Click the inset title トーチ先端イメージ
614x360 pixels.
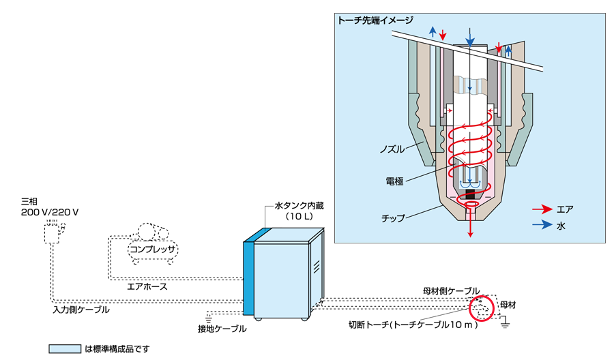click(375, 20)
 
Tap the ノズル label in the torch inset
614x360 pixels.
click(393, 148)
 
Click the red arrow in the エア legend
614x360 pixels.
click(542, 209)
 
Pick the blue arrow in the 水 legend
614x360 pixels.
click(542, 224)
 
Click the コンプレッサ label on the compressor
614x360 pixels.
click(153, 250)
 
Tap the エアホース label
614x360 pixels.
click(147, 286)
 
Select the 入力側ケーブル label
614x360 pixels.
click(81, 309)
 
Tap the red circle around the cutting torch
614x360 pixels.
click(481, 308)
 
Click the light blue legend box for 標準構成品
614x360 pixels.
click(65, 348)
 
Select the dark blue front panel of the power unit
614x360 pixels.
click(250, 276)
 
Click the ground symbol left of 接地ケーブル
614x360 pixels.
click(209, 316)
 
